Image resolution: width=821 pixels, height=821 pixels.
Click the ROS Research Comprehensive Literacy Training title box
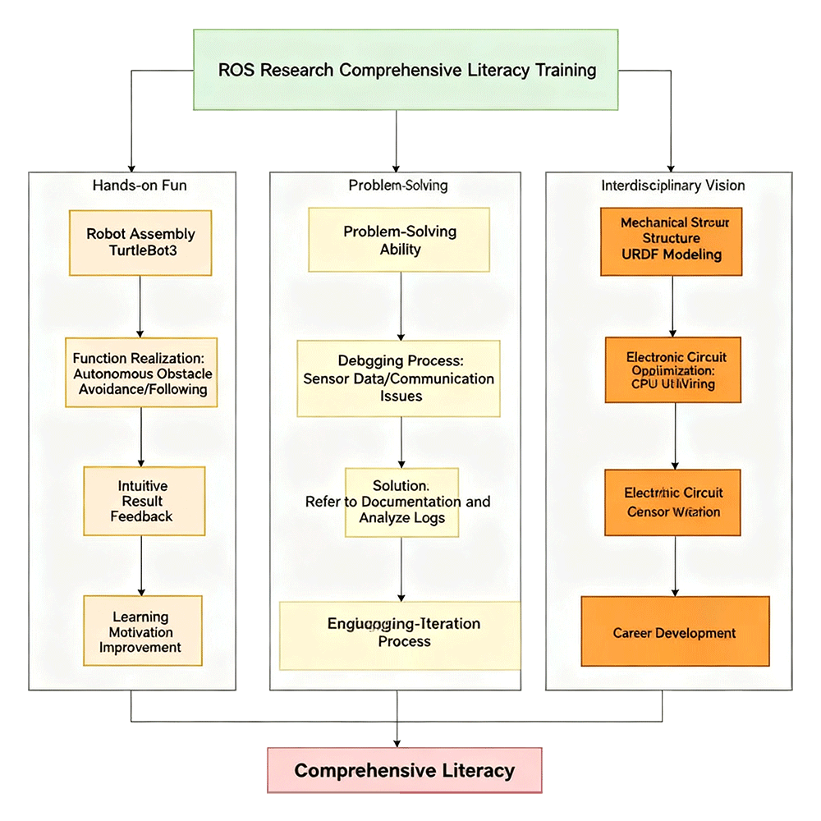(x=406, y=70)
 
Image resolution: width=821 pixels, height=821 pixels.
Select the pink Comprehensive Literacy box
(x=405, y=771)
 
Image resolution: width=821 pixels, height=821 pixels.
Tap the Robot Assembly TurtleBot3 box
(x=140, y=242)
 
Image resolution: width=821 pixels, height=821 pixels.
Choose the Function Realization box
(x=141, y=373)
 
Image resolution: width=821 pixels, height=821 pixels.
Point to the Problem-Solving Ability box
(x=399, y=240)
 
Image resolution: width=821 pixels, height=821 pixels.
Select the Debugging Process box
(x=399, y=378)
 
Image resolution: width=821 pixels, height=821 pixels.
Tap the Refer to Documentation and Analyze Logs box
(x=401, y=502)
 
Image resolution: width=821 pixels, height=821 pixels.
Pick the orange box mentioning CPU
(x=672, y=369)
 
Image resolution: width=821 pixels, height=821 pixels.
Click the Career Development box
(x=675, y=632)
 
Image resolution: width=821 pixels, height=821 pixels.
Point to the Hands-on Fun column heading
(x=140, y=186)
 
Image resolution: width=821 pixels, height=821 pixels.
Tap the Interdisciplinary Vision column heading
(x=673, y=186)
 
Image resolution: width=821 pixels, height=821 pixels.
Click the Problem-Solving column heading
(x=398, y=186)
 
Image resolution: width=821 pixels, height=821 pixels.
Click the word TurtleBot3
(x=140, y=250)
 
